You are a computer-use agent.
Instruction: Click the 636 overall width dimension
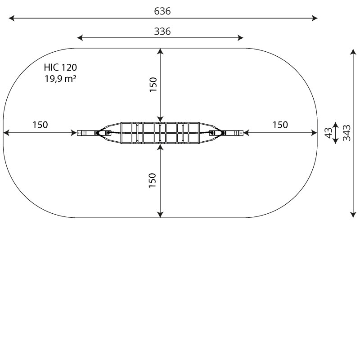tap(162, 11)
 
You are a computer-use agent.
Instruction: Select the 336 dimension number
tap(162, 31)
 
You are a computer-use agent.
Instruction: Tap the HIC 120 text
tap(60, 67)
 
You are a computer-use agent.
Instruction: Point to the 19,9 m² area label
tap(60, 78)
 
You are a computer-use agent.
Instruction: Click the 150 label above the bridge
tap(153, 85)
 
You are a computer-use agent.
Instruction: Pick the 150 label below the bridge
tap(153, 180)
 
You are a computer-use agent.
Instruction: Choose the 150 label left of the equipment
tap(40, 125)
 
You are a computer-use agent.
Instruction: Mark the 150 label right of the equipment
tap(280, 125)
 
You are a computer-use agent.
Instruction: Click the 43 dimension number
tap(329, 133)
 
